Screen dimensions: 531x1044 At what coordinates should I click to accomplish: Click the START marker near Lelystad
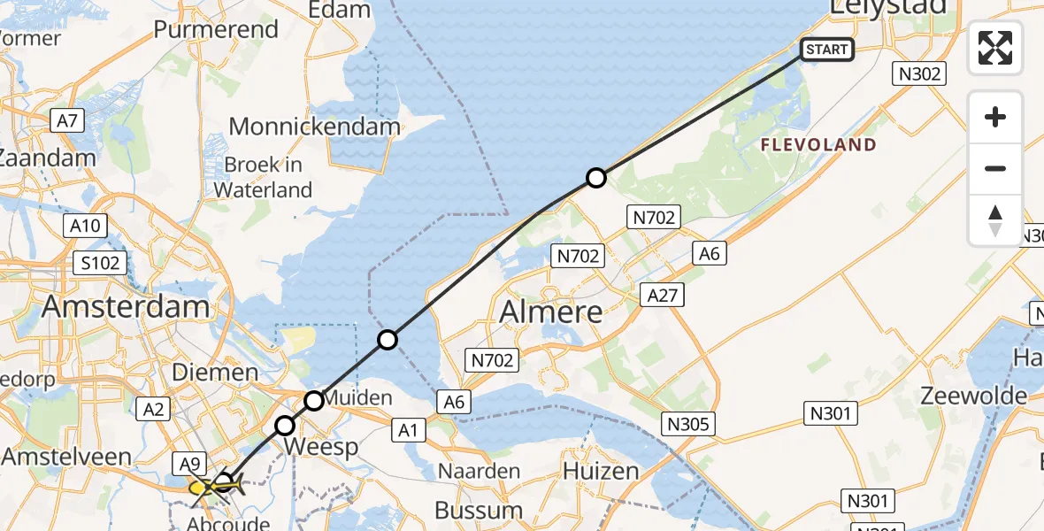click(x=827, y=50)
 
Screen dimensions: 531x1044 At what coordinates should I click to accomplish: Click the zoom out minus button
click(x=995, y=168)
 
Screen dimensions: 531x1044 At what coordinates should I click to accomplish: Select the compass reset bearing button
click(x=995, y=219)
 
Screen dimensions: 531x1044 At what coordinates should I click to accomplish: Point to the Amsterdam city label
click(x=126, y=307)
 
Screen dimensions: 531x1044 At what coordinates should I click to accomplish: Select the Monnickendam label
click(x=314, y=127)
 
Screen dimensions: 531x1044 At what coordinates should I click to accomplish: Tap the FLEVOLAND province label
click(x=819, y=144)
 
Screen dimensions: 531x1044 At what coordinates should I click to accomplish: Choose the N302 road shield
click(x=919, y=74)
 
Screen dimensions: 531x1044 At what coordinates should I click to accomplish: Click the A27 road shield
click(x=662, y=294)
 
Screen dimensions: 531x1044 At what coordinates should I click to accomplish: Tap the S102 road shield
click(x=101, y=263)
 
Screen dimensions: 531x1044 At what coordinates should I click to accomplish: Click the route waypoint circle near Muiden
click(x=314, y=401)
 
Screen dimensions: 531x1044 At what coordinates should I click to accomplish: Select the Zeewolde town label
click(x=973, y=396)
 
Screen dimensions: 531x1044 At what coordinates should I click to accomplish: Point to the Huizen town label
click(x=600, y=472)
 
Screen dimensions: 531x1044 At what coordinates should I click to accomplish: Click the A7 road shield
click(x=69, y=120)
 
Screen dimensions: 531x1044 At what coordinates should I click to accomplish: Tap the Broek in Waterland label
click(x=263, y=177)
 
